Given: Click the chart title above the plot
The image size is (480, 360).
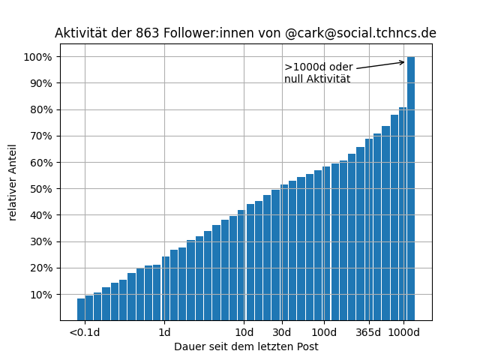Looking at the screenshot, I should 245,34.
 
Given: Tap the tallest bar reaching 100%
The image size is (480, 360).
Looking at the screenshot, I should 411,187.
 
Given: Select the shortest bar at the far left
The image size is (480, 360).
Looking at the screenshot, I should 81,309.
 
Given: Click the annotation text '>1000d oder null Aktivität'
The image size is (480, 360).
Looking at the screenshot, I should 318,73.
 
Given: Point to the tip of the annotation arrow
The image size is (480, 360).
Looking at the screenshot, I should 404,62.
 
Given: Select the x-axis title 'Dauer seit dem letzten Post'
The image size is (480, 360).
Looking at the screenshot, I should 246,346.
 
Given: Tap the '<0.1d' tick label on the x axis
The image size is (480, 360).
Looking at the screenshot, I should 84,332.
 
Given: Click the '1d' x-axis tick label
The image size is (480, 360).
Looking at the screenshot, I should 164,332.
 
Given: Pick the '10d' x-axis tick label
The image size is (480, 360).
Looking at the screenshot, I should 244,332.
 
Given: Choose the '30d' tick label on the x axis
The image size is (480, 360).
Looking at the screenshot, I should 282,332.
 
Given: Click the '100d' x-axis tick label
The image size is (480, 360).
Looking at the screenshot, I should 324,332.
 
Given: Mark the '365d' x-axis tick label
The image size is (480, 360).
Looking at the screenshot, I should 368,332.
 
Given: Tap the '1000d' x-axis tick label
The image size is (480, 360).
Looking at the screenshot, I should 403,332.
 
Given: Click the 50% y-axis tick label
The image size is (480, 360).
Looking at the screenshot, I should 41,189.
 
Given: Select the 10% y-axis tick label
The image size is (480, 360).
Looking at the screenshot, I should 41,295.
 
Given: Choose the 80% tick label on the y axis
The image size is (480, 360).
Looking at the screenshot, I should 41,109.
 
